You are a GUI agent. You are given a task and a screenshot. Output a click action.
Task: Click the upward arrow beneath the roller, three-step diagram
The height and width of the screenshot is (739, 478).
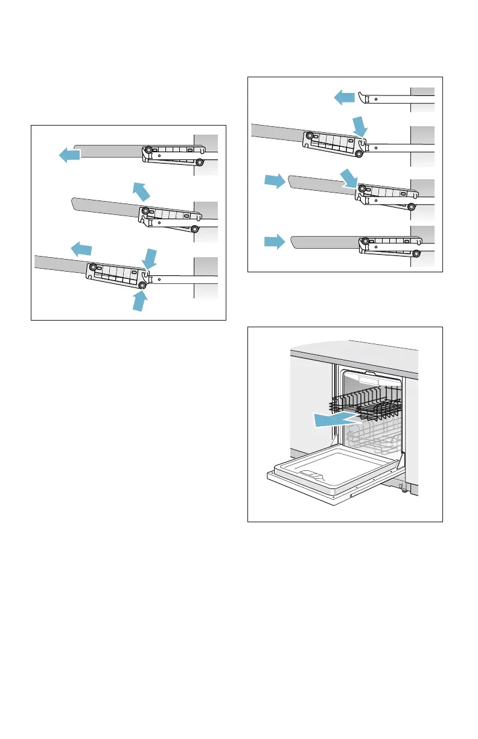pyautogui.click(x=140, y=299)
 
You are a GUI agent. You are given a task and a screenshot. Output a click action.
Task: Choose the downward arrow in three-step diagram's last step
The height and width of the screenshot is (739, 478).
pyautogui.click(x=150, y=257)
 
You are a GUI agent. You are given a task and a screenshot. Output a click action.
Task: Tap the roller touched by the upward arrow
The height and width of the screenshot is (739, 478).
pyautogui.click(x=143, y=285)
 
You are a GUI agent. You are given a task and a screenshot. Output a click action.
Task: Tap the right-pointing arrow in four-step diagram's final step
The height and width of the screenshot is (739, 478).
pyautogui.click(x=273, y=243)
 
